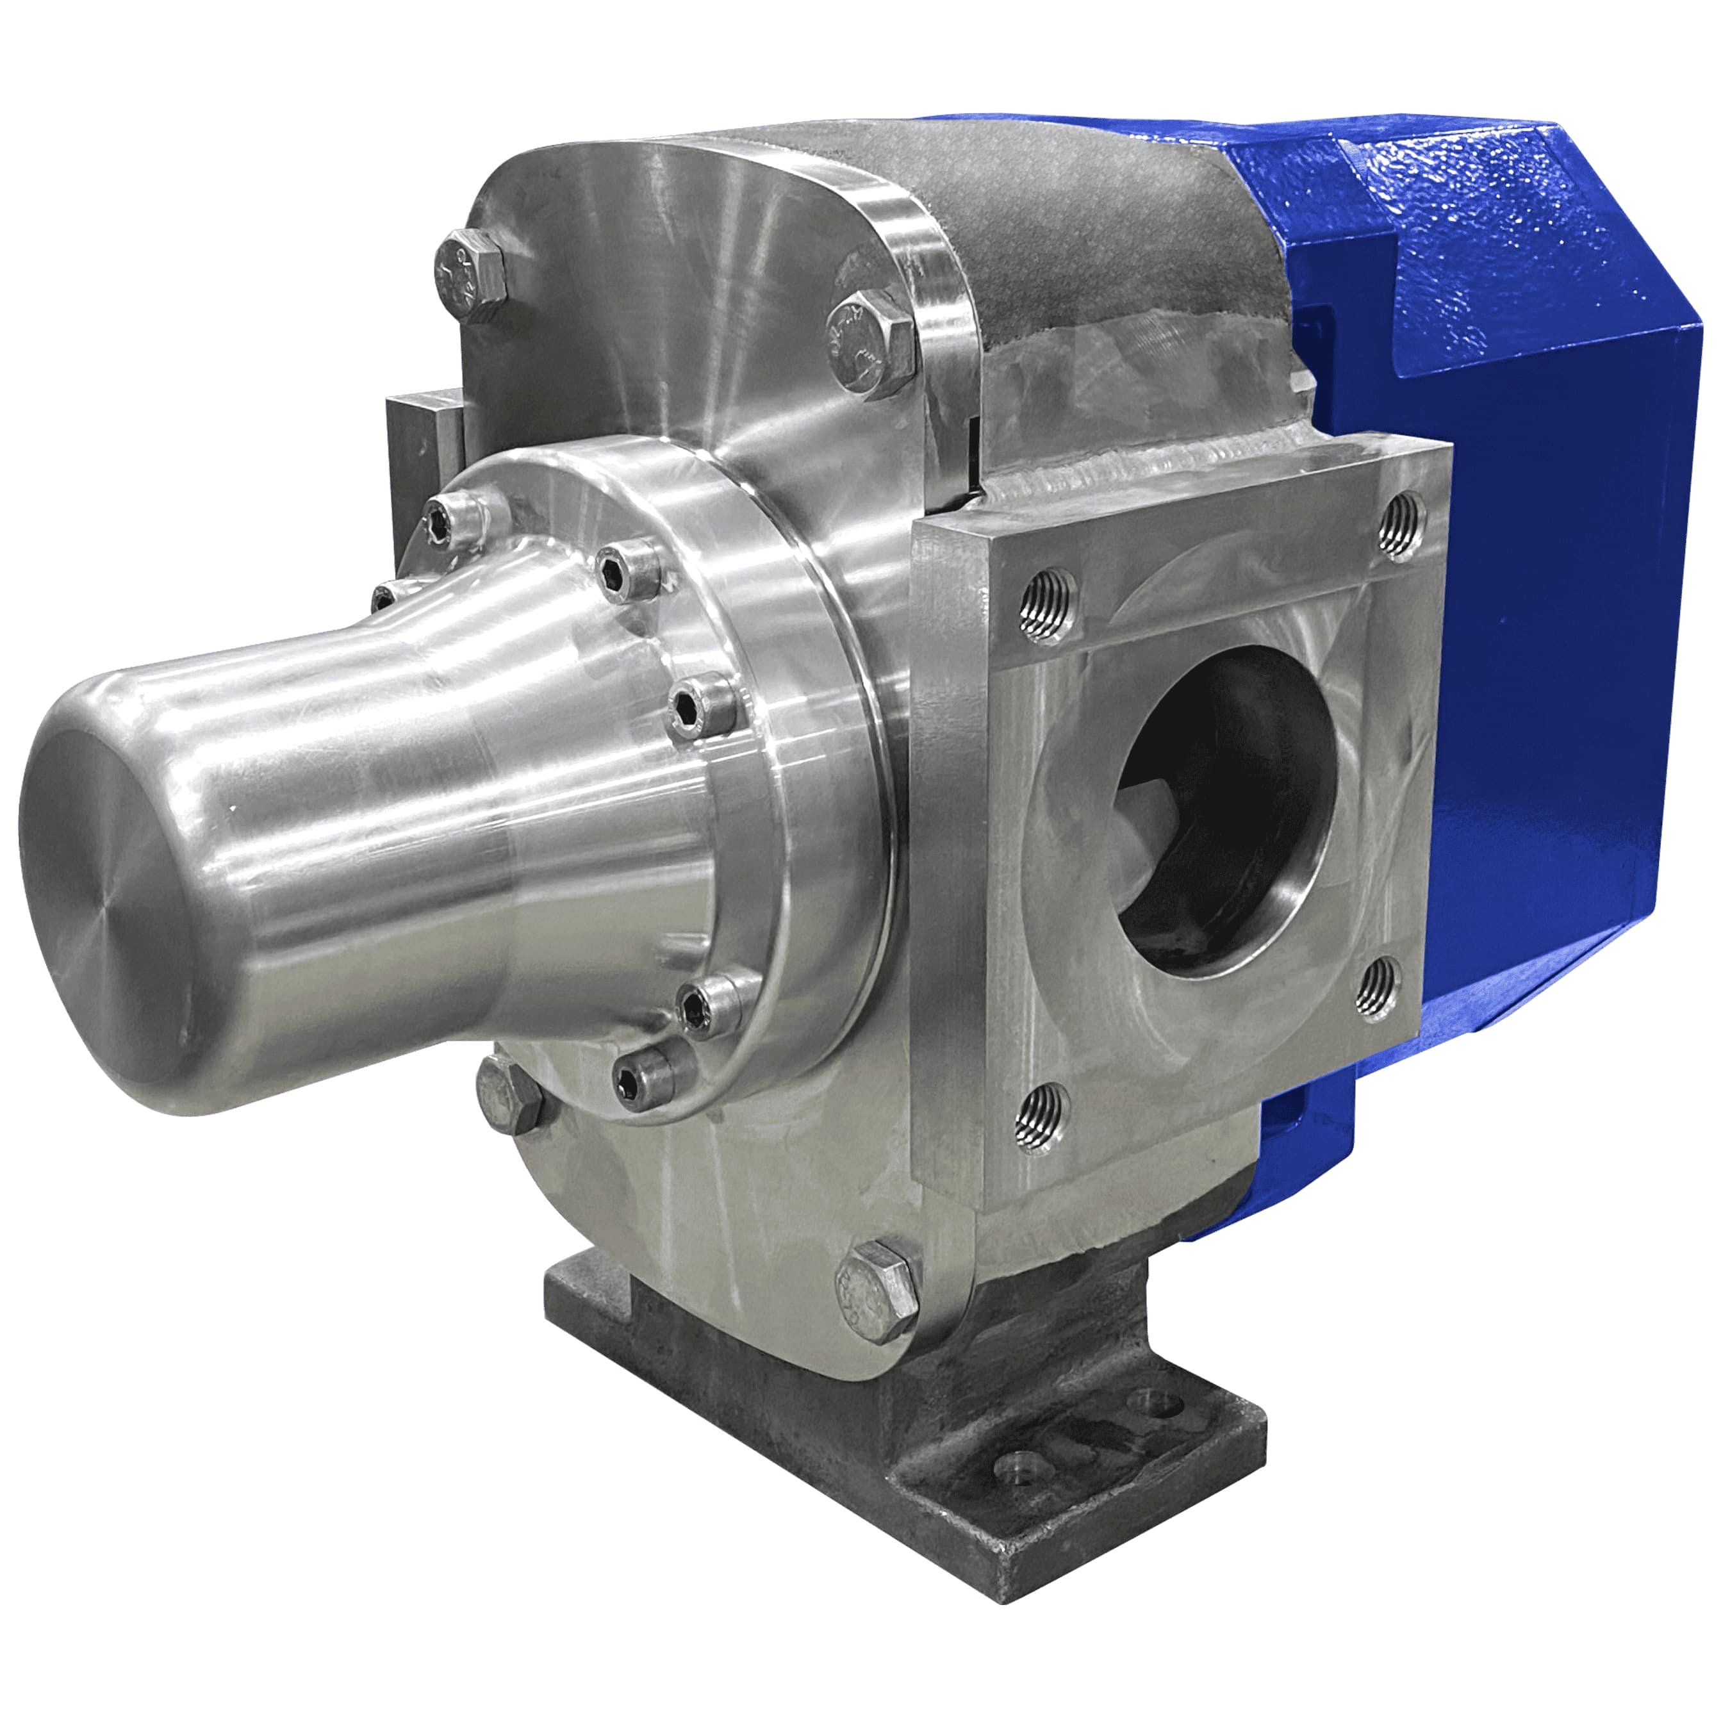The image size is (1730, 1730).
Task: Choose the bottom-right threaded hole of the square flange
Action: coord(1380,987)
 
